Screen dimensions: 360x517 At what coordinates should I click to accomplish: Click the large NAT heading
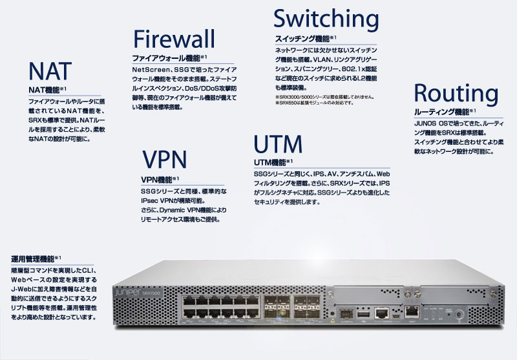point(50,70)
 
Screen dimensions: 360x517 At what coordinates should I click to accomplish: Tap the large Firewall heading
point(173,38)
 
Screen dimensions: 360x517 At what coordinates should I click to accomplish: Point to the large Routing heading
point(454,93)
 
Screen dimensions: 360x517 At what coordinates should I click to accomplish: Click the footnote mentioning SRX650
point(315,102)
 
